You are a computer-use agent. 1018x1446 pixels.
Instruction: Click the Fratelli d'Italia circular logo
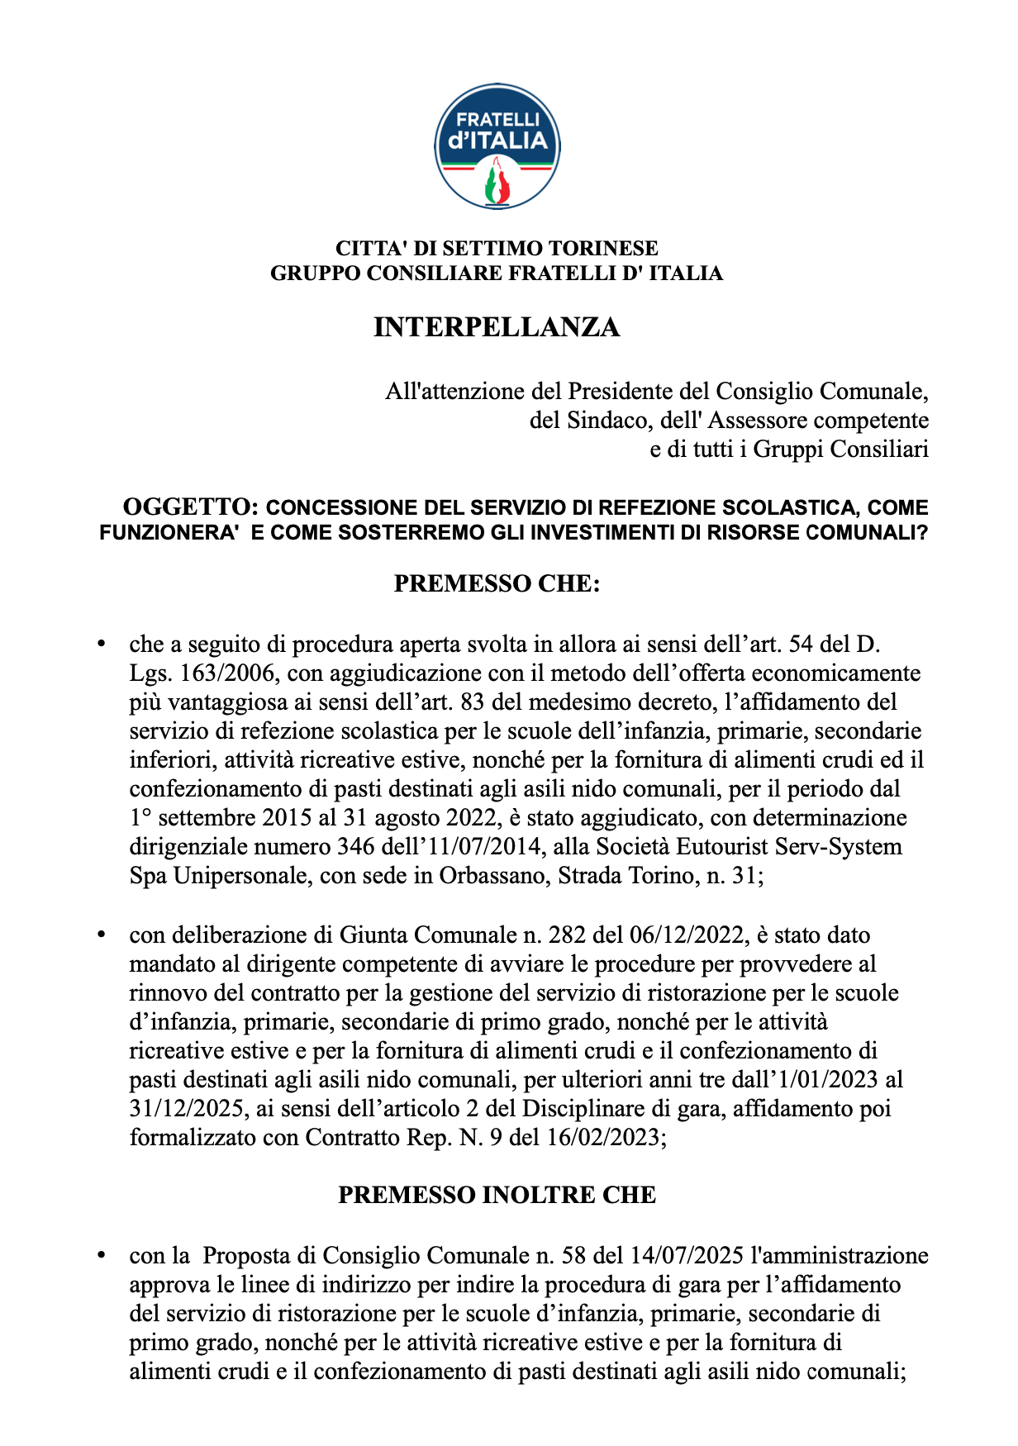click(x=497, y=146)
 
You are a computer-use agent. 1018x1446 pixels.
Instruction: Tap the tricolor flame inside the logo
click(x=497, y=183)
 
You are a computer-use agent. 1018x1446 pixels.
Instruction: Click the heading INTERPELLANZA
click(x=497, y=327)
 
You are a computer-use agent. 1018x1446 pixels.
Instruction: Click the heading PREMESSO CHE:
click(x=497, y=583)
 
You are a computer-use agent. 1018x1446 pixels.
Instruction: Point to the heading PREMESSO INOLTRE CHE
click(x=497, y=1195)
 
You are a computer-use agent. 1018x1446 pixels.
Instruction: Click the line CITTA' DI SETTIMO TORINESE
click(x=497, y=248)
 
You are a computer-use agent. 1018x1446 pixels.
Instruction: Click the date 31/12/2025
click(x=188, y=1109)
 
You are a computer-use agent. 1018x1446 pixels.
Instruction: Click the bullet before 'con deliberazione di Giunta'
click(x=102, y=935)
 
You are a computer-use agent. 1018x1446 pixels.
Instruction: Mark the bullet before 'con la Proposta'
click(x=102, y=1256)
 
